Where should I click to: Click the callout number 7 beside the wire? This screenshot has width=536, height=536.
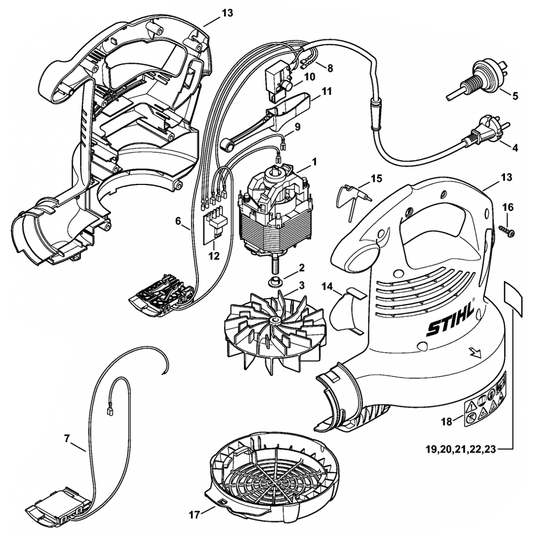point(67,438)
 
